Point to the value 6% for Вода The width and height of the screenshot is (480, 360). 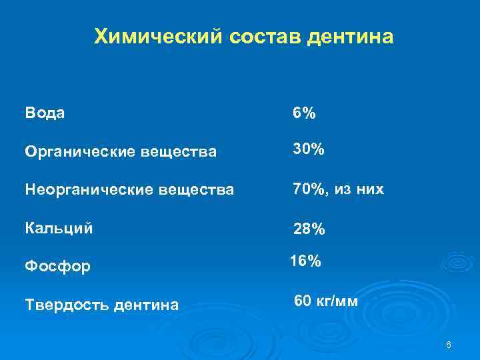(x=305, y=113)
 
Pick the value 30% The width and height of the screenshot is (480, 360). (x=309, y=150)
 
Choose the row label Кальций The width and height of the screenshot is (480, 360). (x=59, y=228)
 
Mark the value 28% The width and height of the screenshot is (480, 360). (x=309, y=229)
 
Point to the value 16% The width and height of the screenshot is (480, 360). (x=306, y=262)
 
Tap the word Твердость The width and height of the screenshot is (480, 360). (x=67, y=305)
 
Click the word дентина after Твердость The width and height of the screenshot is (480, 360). (x=147, y=305)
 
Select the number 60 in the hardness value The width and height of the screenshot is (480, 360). (x=302, y=301)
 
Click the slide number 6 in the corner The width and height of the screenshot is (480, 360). (x=448, y=345)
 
